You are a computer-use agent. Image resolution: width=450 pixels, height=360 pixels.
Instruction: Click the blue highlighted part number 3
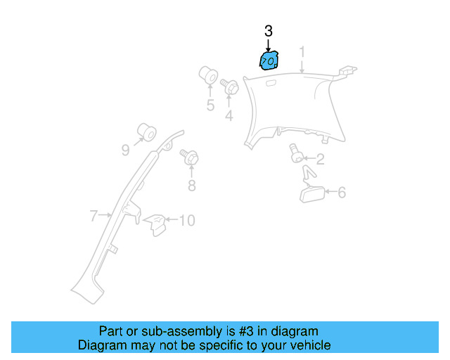[268, 61]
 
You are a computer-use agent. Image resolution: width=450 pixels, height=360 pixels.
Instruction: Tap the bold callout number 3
[268, 31]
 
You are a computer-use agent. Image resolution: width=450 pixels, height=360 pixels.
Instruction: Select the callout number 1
[302, 52]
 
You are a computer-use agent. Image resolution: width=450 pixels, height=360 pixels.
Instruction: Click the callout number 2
[319, 160]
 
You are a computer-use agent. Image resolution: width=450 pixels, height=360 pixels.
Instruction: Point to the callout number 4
[229, 115]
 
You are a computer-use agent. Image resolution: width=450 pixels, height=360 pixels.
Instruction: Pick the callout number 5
[210, 105]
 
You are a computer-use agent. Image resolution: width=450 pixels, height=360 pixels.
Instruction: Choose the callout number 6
[342, 192]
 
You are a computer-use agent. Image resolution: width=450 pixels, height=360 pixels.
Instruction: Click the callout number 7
[94, 217]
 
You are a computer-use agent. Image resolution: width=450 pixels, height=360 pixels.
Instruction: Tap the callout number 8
[191, 186]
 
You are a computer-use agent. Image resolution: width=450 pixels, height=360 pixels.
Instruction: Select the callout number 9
[125, 149]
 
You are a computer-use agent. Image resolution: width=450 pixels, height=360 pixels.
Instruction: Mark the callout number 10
[186, 221]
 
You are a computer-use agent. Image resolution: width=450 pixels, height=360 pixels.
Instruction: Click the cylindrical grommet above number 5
[209, 75]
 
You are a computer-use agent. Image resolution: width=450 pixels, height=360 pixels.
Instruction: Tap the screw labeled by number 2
[297, 153]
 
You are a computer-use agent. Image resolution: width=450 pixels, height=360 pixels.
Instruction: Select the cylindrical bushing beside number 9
[147, 131]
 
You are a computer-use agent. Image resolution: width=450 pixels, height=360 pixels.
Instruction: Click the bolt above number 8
[190, 157]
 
